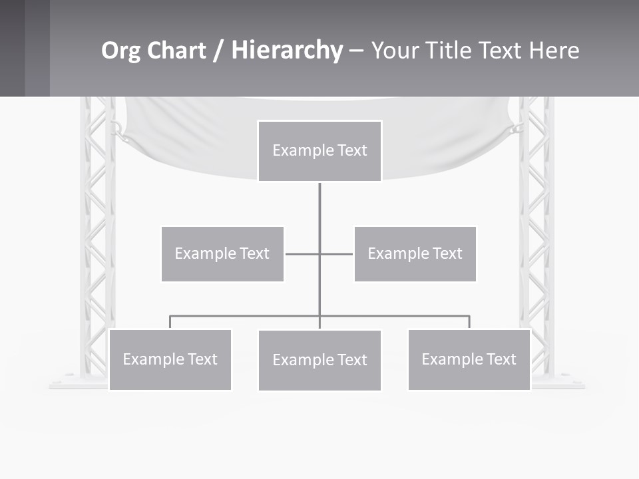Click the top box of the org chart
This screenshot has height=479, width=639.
tap(319, 150)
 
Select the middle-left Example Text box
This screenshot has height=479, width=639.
tap(222, 253)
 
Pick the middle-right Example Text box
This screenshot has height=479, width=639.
tap(415, 253)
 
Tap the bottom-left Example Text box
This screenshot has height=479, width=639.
tap(170, 359)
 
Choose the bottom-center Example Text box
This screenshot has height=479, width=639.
tap(319, 360)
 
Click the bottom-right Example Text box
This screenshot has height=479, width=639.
tap(469, 359)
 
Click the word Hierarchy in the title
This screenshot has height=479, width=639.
tap(287, 51)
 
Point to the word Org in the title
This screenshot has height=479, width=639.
tap(121, 51)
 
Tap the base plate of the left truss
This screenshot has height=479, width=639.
tap(79, 383)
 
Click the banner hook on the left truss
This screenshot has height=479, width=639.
tap(118, 128)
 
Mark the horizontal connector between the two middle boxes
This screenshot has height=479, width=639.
tap(319, 253)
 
